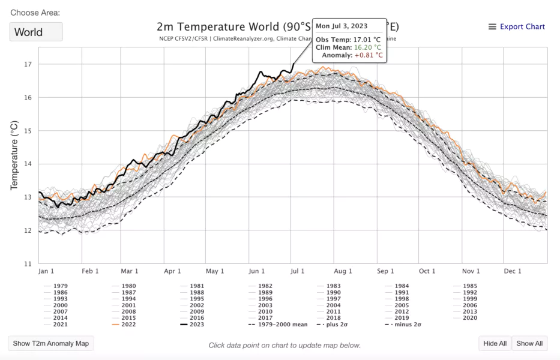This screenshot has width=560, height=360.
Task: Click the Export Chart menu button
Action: tap(517, 26)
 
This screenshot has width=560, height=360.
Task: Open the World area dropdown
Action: tap(36, 32)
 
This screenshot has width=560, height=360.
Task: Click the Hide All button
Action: tap(495, 343)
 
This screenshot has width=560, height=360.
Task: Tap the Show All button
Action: tap(529, 343)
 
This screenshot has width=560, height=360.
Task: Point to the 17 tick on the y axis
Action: tap(28, 64)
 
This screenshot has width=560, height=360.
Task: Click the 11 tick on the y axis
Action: tap(28, 263)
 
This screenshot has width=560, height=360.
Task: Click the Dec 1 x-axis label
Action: tap(512, 271)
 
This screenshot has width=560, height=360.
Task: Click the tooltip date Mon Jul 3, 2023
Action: tap(342, 26)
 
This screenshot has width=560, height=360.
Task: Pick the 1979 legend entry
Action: tap(60, 286)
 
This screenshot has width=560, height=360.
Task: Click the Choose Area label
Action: tap(35, 13)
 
